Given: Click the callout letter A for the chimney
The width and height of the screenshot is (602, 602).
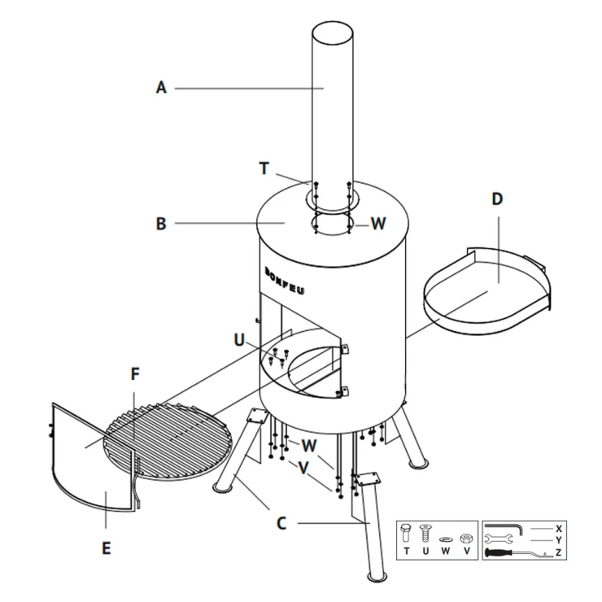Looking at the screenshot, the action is (x=161, y=88).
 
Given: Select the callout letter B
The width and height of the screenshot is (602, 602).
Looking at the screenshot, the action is (x=161, y=224).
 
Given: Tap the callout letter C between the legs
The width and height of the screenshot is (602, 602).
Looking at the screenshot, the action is (x=281, y=523).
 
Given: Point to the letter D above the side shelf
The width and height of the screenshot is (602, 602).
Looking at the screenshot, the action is (x=497, y=198).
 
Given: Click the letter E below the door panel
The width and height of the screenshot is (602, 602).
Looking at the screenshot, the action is (x=107, y=547).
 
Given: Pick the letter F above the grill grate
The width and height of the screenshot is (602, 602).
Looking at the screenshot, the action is (x=135, y=374).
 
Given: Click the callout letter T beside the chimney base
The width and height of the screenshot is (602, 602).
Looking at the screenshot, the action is (x=264, y=168).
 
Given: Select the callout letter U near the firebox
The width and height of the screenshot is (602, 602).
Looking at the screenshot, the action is (x=239, y=340).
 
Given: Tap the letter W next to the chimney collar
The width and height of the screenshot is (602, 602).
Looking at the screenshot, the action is (x=378, y=224).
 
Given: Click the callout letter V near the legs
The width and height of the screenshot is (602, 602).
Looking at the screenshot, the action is (x=303, y=467).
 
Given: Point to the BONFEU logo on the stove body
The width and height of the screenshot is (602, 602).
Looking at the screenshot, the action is (x=285, y=281).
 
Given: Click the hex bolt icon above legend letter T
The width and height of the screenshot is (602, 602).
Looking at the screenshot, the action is (x=406, y=533).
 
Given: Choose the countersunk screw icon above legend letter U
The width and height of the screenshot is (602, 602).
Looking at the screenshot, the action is (x=425, y=533).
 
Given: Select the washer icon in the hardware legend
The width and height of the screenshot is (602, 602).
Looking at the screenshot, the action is (x=445, y=539).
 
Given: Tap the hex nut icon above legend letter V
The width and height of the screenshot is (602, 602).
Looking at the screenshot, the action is (x=466, y=538).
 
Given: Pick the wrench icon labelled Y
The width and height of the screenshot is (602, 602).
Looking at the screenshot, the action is (x=499, y=539).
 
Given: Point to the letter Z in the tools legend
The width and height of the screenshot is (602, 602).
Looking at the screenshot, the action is (x=558, y=552).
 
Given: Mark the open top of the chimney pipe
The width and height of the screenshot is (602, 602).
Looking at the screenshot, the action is (x=332, y=33).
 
